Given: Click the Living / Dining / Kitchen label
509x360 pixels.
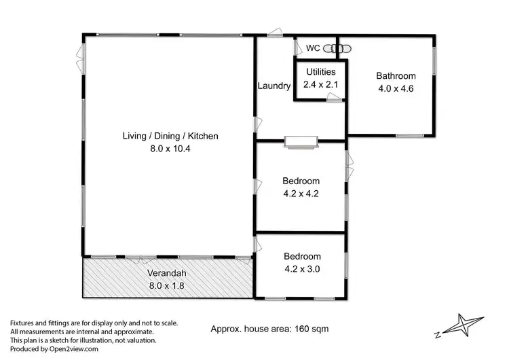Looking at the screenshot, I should click(x=170, y=136).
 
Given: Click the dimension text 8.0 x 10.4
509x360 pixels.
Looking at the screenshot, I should click(x=170, y=149).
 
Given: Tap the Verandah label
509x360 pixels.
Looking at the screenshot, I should click(x=166, y=274).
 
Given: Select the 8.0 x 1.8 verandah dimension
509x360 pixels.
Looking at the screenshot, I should click(x=166, y=286).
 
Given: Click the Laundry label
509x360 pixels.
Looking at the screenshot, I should click(x=274, y=86).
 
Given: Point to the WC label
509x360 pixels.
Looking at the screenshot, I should click(x=313, y=48).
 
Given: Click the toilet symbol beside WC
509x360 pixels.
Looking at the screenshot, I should click(x=336, y=48).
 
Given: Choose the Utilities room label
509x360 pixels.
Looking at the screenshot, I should click(x=320, y=72).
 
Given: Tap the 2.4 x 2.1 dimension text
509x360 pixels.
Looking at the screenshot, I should click(x=320, y=84).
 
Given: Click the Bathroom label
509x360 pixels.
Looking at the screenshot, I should click(x=396, y=76).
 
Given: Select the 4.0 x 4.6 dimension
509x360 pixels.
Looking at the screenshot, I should click(x=396, y=88).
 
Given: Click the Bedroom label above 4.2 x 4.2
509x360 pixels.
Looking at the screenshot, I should click(x=301, y=181).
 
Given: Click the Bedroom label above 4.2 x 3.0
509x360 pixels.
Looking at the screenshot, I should click(x=302, y=257).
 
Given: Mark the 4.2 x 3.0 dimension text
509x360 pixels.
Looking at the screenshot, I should click(x=302, y=269).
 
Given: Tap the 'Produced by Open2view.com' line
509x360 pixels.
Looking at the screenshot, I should click(x=54, y=349).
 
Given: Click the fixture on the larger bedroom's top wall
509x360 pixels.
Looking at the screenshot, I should click(x=300, y=141).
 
